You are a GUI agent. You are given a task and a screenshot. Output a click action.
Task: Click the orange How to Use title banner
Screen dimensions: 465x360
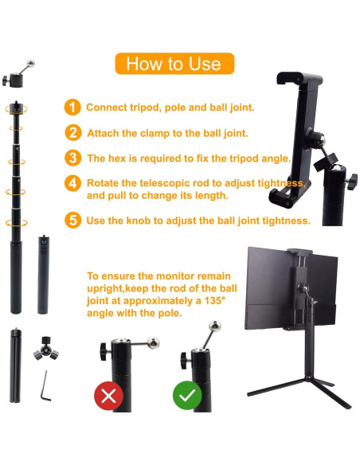(x=174, y=64)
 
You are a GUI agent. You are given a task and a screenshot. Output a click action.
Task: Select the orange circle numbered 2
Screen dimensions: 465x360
(x=72, y=133)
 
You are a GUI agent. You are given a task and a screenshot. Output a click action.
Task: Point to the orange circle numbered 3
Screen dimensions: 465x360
(x=72, y=158)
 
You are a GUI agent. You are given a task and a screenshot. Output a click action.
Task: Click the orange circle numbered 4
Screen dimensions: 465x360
(x=72, y=183)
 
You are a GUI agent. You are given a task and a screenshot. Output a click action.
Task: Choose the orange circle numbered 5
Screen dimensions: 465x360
(x=72, y=220)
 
